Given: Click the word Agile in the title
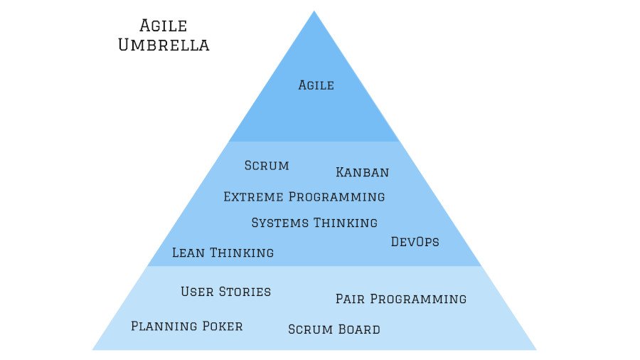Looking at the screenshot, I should (163, 26).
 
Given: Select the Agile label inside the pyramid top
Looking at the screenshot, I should (316, 85).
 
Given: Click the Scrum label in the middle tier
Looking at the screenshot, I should (267, 166).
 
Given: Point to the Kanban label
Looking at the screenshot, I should (362, 172).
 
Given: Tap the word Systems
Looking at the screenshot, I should (280, 223).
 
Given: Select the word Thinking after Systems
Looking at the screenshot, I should (346, 223).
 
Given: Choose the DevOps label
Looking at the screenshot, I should (415, 242).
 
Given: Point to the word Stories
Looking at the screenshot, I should (245, 292).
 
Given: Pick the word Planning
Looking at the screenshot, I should (164, 327).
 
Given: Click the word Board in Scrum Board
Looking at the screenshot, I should (359, 329).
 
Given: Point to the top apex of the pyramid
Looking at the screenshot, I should (314, 12).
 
